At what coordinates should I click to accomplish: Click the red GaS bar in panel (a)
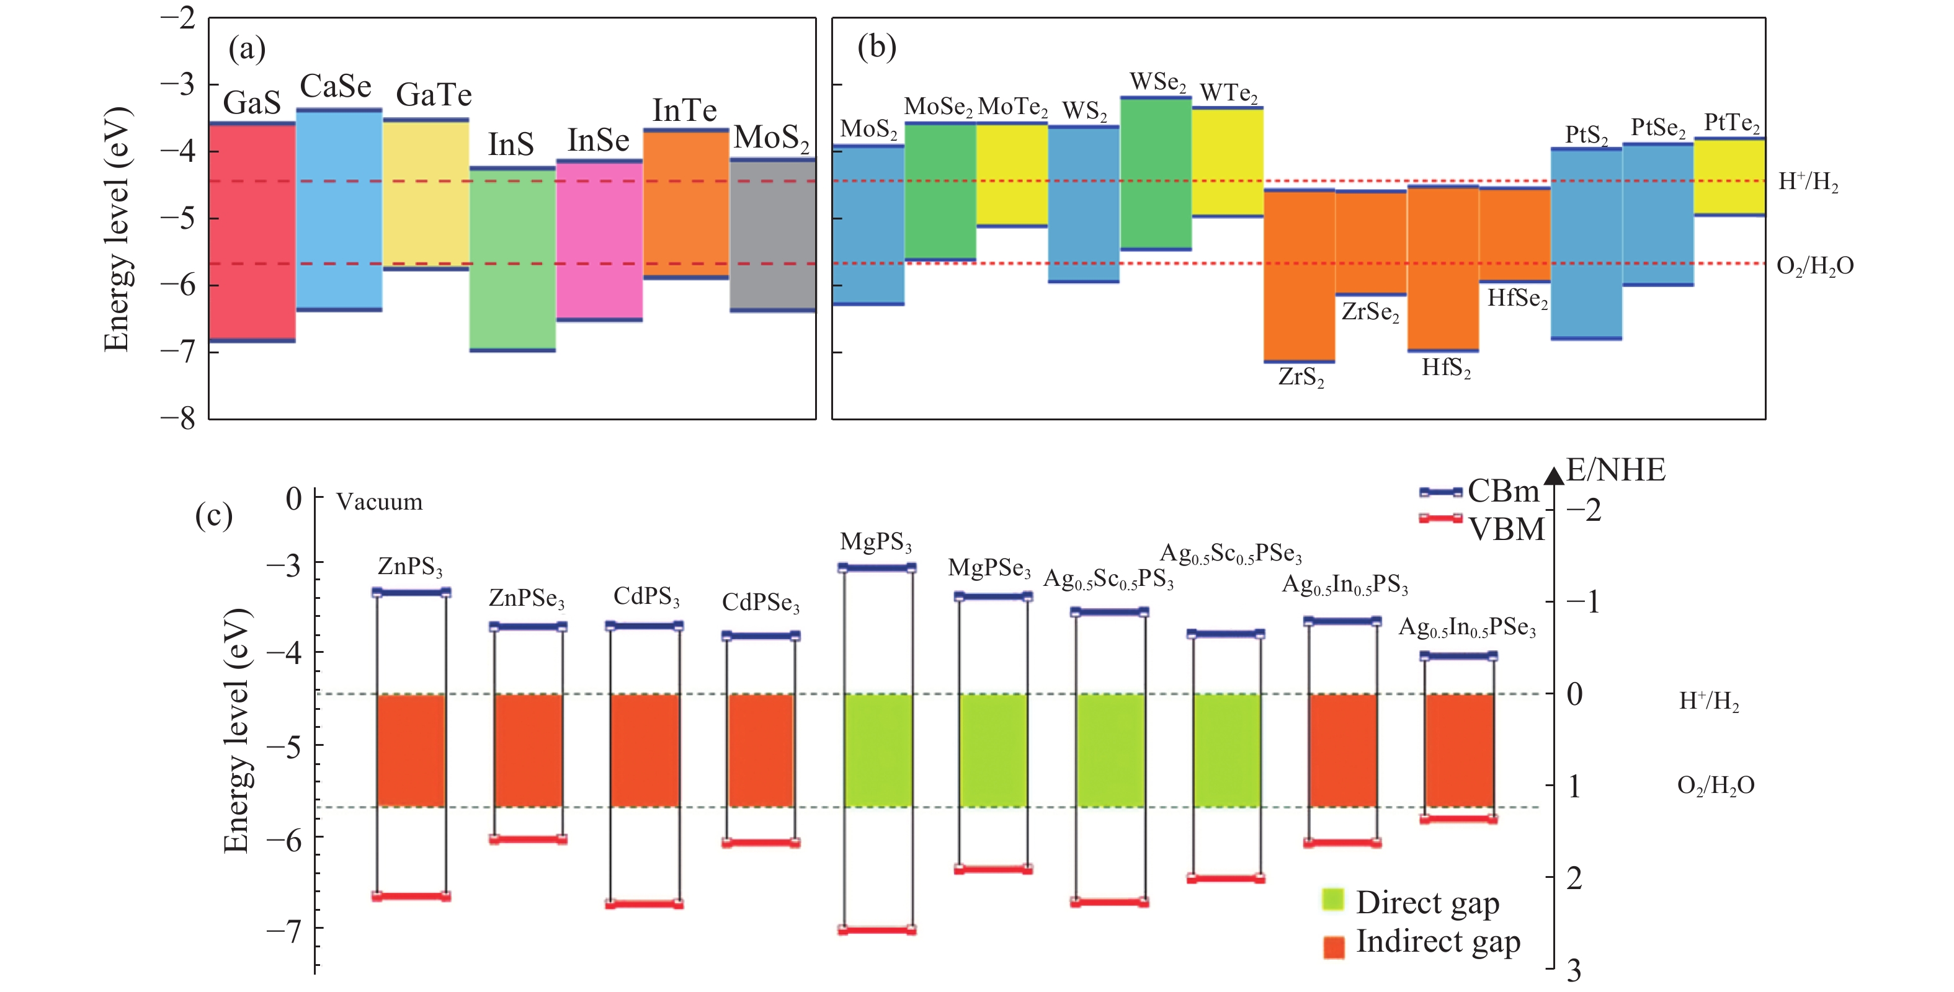coord(252,231)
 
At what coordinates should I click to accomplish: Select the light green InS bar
coord(513,259)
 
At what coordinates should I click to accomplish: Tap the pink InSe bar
coord(599,241)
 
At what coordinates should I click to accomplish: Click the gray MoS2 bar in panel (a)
coord(773,235)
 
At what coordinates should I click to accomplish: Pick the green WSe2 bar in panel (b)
coord(1155,173)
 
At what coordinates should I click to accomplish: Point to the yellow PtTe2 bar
coord(1729,177)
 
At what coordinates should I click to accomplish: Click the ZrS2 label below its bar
coord(1300,377)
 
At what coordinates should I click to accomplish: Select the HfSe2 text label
coord(1517,299)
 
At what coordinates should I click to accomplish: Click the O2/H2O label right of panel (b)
coord(1814,265)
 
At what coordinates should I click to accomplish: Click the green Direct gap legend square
coord(1333,900)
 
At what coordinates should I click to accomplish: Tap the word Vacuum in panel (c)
coord(379,502)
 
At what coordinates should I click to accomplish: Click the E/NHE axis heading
coord(1616,470)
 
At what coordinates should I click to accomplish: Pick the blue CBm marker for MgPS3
coord(877,568)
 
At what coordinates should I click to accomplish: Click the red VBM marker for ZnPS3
coord(411,897)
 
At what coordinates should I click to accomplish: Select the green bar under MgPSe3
coord(993,750)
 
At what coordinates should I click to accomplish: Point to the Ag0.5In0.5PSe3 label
coord(1466,628)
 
